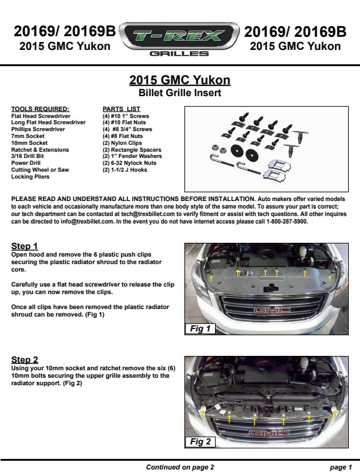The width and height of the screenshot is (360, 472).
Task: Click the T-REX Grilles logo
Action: (179, 39)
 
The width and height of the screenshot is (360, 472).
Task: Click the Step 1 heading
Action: (24, 246)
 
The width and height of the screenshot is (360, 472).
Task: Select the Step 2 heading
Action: (25, 360)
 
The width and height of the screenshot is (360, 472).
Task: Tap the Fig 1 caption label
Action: (200, 328)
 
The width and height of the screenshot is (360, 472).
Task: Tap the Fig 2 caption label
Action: (200, 441)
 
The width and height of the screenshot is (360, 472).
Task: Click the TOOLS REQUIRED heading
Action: (41, 109)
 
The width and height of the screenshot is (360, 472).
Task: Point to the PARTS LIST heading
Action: (121, 109)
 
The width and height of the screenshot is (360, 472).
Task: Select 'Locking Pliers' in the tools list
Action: (31, 177)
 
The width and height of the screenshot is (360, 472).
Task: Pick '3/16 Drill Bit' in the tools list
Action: (27, 156)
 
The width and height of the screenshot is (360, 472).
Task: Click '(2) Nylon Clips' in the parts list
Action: (122, 143)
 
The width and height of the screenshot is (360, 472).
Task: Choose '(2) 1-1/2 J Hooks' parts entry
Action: (125, 170)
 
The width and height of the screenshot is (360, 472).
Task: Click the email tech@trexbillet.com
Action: (148, 214)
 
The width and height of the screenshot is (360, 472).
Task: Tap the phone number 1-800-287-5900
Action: (286, 222)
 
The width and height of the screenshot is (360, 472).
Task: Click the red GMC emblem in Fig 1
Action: (272, 310)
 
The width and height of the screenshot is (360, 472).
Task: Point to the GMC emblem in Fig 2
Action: (268, 433)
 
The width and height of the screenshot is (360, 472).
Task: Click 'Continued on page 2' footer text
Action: (180, 467)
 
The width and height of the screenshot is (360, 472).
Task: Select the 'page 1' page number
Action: (341, 467)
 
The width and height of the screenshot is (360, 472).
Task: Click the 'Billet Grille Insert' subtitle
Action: (180, 92)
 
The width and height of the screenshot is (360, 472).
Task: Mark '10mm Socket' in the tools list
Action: (29, 143)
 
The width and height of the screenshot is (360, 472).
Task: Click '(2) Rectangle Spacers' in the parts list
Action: (132, 150)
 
